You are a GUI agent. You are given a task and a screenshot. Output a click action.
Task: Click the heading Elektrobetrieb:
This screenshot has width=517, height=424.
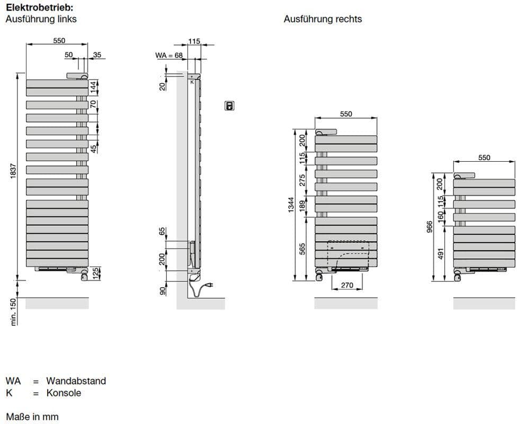pos(40,7)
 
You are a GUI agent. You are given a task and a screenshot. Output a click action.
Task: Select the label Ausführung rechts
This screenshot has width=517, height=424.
pos(323,19)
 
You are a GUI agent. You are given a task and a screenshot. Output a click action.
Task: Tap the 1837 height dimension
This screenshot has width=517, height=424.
pos(13,171)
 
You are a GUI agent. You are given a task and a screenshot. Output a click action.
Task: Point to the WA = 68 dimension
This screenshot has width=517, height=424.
pos(169,55)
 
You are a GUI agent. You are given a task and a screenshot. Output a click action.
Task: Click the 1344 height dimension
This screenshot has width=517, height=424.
pos(291,205)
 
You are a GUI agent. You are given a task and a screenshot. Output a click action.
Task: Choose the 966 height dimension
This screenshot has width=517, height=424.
pos(429,227)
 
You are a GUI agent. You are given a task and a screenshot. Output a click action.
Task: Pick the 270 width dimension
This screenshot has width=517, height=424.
pos(347,285)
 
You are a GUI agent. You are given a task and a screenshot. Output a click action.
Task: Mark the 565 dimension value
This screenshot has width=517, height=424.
pos(302,249)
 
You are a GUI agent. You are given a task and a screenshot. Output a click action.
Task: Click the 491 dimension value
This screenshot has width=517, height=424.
pos(441,253)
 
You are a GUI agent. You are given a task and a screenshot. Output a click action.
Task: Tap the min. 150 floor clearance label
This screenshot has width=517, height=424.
pos(13,312)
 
